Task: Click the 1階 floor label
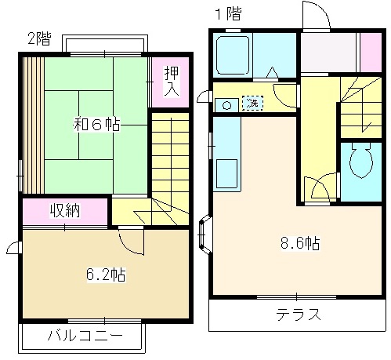[228, 14]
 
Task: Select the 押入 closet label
[171, 81]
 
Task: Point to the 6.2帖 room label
[105, 275]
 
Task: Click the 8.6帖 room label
[300, 242]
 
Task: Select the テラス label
[298, 316]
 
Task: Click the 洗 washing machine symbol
[252, 103]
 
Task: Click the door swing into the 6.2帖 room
[131, 241]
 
